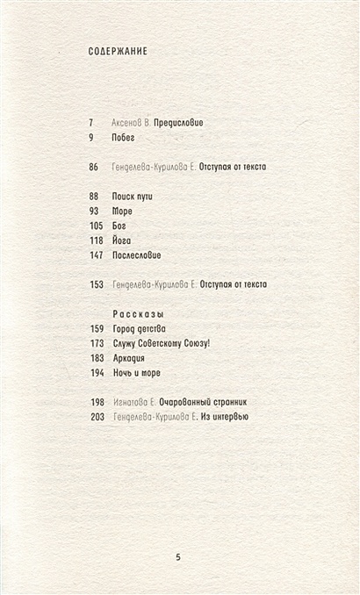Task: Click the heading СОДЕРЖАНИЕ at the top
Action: tap(118, 51)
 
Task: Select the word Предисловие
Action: tap(178, 122)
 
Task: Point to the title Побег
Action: tap(125, 137)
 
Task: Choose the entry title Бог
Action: tap(120, 226)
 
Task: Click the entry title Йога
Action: tap(123, 240)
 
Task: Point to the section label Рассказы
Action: tap(140, 313)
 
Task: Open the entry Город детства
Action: tap(142, 328)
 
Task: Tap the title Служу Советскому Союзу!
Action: tap(163, 343)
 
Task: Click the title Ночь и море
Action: tap(138, 373)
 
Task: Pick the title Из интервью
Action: tap(225, 417)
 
